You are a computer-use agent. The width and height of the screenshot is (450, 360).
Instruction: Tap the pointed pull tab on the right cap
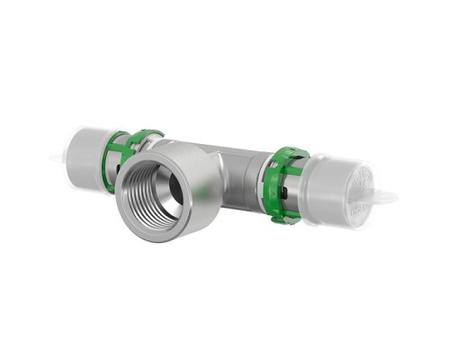[391, 195]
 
